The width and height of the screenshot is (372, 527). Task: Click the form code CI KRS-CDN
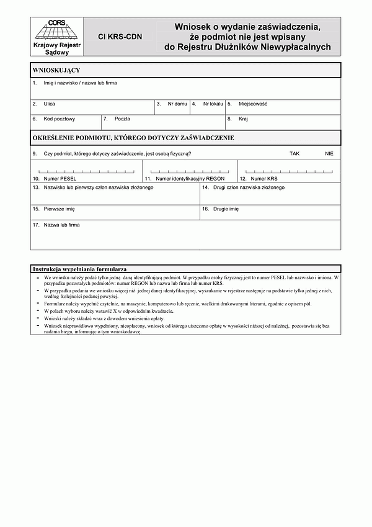tap(120, 37)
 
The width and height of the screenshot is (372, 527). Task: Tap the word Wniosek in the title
tap(194, 27)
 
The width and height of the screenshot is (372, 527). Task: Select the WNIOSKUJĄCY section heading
tap(56, 70)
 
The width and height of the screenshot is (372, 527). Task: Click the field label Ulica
tap(50, 104)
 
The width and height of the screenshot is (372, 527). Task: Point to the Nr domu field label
tap(177, 104)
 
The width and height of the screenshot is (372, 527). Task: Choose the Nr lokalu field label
tap(213, 104)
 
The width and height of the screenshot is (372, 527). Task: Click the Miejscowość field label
tap(253, 104)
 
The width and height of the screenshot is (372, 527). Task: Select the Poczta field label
tap(122, 119)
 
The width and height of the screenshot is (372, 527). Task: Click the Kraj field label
tap(243, 119)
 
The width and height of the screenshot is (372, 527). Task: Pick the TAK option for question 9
tap(294, 153)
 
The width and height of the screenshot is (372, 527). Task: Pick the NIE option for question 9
tap(329, 153)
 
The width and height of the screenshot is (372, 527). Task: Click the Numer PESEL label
tap(60, 178)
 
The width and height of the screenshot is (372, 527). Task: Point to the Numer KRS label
tap(264, 178)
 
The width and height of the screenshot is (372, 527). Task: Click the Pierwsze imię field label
tap(60, 209)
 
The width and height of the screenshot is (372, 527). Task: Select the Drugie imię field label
tap(226, 209)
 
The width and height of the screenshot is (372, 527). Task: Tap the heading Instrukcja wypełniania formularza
tap(80, 269)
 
